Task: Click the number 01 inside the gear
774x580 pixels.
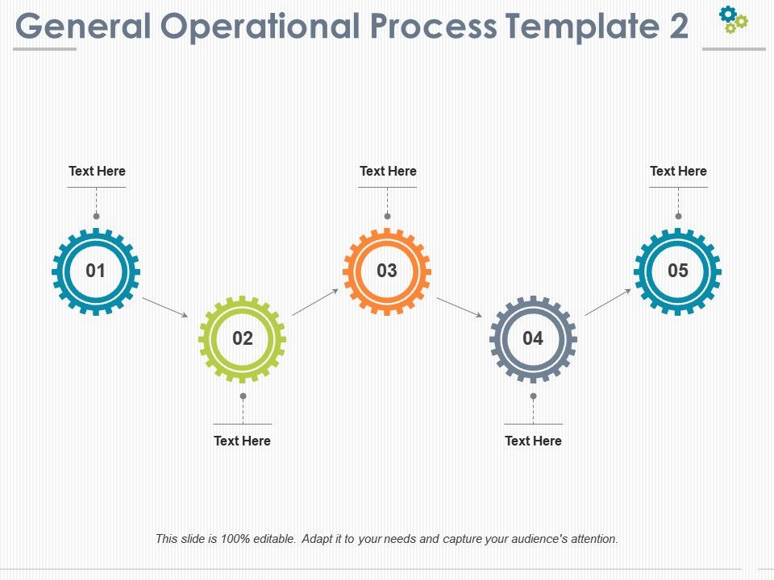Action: click(x=96, y=271)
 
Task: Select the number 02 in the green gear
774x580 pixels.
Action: click(x=243, y=338)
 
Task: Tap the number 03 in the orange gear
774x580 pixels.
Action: click(x=387, y=271)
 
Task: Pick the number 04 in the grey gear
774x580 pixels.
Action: click(x=533, y=338)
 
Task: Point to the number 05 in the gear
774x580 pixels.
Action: click(x=678, y=271)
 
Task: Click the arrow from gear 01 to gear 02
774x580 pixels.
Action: click(x=165, y=307)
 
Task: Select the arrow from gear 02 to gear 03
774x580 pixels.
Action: click(x=315, y=302)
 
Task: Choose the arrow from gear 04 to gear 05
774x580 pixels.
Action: click(x=608, y=302)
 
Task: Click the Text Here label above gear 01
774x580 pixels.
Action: click(x=97, y=171)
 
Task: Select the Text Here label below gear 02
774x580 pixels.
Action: click(x=242, y=441)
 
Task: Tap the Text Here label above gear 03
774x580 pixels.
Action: click(x=388, y=171)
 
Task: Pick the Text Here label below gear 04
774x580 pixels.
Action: click(x=533, y=441)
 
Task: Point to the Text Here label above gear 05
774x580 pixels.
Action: click(x=678, y=171)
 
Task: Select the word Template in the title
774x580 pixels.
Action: click(x=580, y=27)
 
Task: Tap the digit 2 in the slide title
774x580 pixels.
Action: click(x=679, y=27)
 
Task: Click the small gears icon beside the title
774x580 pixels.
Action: click(x=734, y=19)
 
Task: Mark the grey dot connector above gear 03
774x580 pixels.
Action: click(x=387, y=216)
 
